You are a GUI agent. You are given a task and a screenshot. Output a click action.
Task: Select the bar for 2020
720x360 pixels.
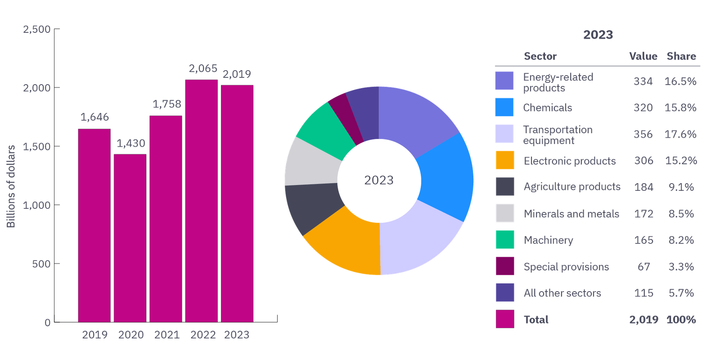point(130,238)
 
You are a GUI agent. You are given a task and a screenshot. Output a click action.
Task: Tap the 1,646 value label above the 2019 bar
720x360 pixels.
point(94,117)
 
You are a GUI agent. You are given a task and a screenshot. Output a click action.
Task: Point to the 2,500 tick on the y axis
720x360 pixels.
point(37,30)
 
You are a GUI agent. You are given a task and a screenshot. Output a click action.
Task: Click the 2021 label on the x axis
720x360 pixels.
point(167,335)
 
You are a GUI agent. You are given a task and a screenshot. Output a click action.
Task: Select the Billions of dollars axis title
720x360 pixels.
point(11,186)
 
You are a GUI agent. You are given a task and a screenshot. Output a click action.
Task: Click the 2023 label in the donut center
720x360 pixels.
point(379,180)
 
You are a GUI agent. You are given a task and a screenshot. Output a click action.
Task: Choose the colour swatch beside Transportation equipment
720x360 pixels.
point(504,134)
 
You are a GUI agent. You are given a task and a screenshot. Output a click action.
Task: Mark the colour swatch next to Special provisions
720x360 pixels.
point(505,266)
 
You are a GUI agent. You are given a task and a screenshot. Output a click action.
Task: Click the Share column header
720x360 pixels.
point(681,56)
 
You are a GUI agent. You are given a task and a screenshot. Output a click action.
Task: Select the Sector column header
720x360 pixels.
point(540,56)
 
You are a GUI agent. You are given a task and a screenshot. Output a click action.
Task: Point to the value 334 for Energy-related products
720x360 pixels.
point(643,81)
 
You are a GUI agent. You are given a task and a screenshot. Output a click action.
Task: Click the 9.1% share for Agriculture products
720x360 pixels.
point(681,187)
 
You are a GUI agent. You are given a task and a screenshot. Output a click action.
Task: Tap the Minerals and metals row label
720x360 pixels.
point(571,214)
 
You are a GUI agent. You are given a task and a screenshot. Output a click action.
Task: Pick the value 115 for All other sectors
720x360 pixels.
point(644,293)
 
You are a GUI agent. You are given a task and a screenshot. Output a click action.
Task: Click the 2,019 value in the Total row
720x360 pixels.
point(644,319)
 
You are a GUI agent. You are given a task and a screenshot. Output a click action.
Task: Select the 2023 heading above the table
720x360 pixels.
point(598,35)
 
